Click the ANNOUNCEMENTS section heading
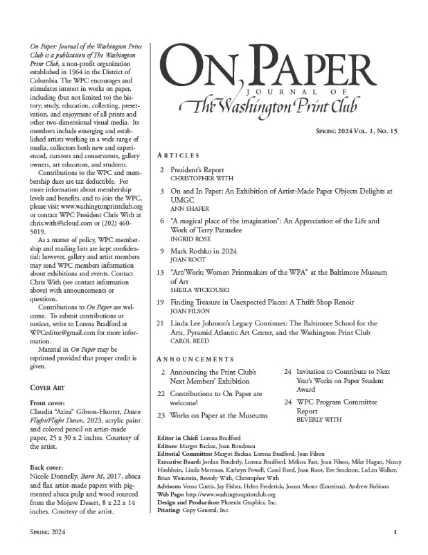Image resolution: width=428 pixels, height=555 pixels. click(196, 359)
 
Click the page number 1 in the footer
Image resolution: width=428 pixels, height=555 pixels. click(394, 532)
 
